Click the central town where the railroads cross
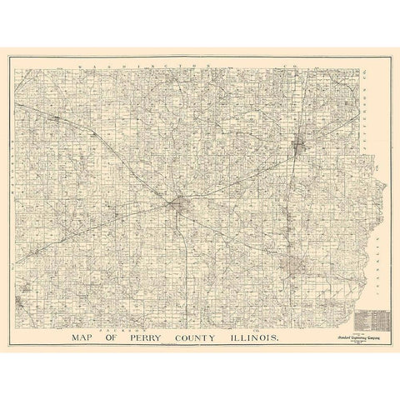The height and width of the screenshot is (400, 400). click(180, 202)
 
